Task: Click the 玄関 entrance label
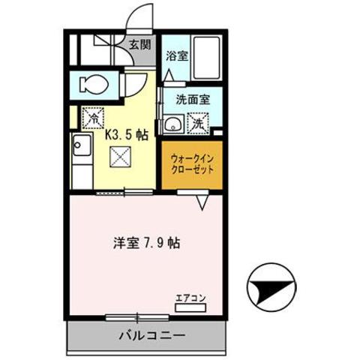click(139, 43)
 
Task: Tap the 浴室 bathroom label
click(176, 56)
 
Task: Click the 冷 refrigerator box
click(93, 117)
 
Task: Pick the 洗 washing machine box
click(198, 122)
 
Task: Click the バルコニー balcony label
click(148, 334)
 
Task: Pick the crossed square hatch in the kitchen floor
click(119, 157)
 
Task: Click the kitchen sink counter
click(81, 157)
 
